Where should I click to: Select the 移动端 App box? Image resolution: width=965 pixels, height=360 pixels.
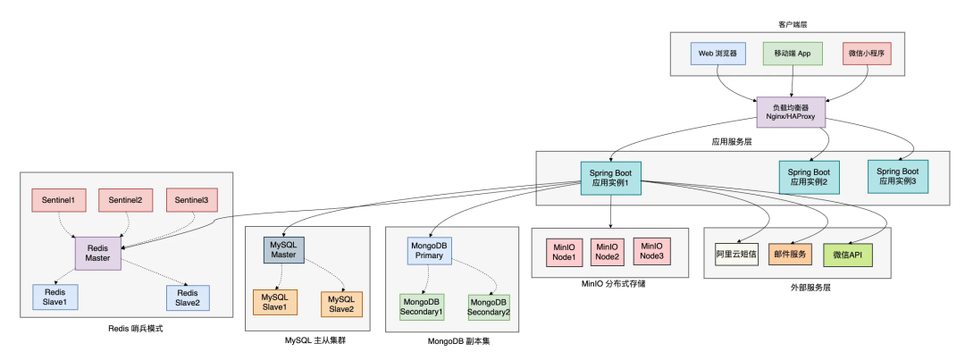click(792, 54)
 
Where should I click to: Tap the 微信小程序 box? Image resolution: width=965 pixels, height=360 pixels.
click(868, 54)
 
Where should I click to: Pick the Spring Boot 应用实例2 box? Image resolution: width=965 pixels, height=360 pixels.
click(809, 177)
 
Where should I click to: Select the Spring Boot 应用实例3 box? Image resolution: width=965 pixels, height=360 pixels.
click(898, 176)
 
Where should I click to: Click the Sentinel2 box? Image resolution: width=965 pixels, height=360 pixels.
click(125, 200)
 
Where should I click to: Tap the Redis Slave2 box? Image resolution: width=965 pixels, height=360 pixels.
click(187, 297)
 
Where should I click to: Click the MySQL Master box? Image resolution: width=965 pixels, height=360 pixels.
click(283, 248)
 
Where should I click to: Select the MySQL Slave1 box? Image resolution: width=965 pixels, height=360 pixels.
click(275, 303)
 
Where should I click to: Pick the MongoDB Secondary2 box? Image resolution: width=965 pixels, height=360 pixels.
click(489, 307)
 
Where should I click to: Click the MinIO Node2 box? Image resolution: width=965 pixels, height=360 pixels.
click(608, 252)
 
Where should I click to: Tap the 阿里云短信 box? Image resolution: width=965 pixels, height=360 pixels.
click(736, 255)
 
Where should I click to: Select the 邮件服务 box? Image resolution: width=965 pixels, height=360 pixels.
click(791, 255)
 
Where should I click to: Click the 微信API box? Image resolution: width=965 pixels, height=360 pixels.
click(847, 255)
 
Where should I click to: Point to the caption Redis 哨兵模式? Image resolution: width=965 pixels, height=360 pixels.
click(135, 330)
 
